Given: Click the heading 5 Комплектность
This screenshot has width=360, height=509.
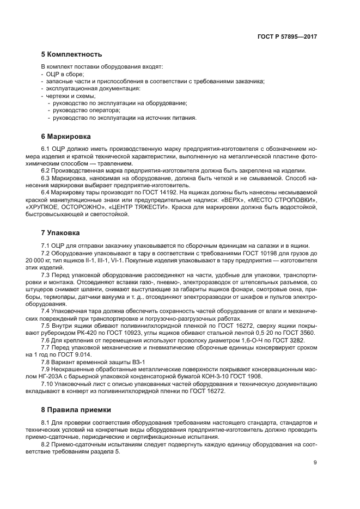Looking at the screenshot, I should pos(71,54).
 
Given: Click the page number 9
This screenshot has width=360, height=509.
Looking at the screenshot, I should pos(315,463).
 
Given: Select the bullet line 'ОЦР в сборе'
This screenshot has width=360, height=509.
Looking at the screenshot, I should pos(64,73).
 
